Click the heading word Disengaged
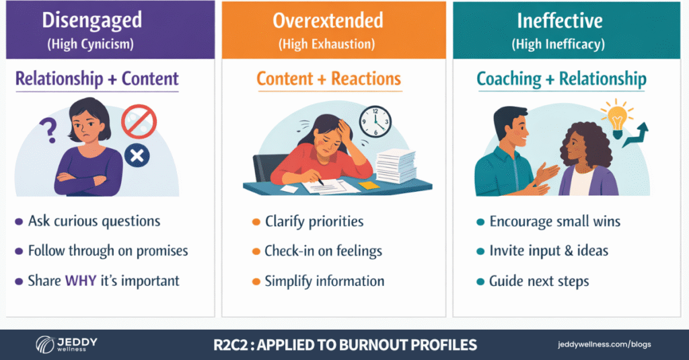[92, 20]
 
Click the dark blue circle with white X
[137, 157]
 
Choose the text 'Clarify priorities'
[314, 221]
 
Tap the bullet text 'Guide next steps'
[539, 281]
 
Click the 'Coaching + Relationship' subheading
[561, 79]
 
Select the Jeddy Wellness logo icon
[46, 345]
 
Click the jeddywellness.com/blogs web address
[604, 345]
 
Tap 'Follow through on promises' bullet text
[108, 251]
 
